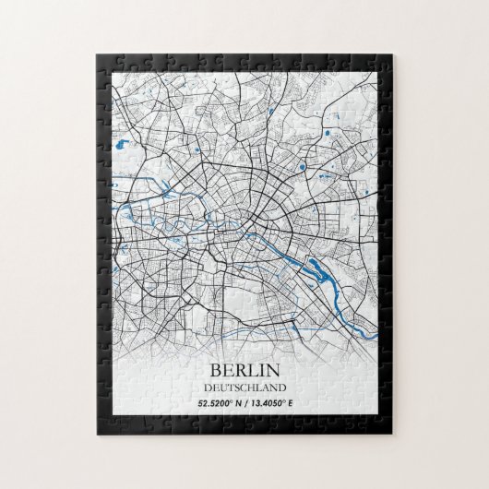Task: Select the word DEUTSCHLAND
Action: (244, 388)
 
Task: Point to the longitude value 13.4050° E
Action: (277, 403)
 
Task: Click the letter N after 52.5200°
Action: (239, 403)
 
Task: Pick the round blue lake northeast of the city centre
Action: (302, 167)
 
